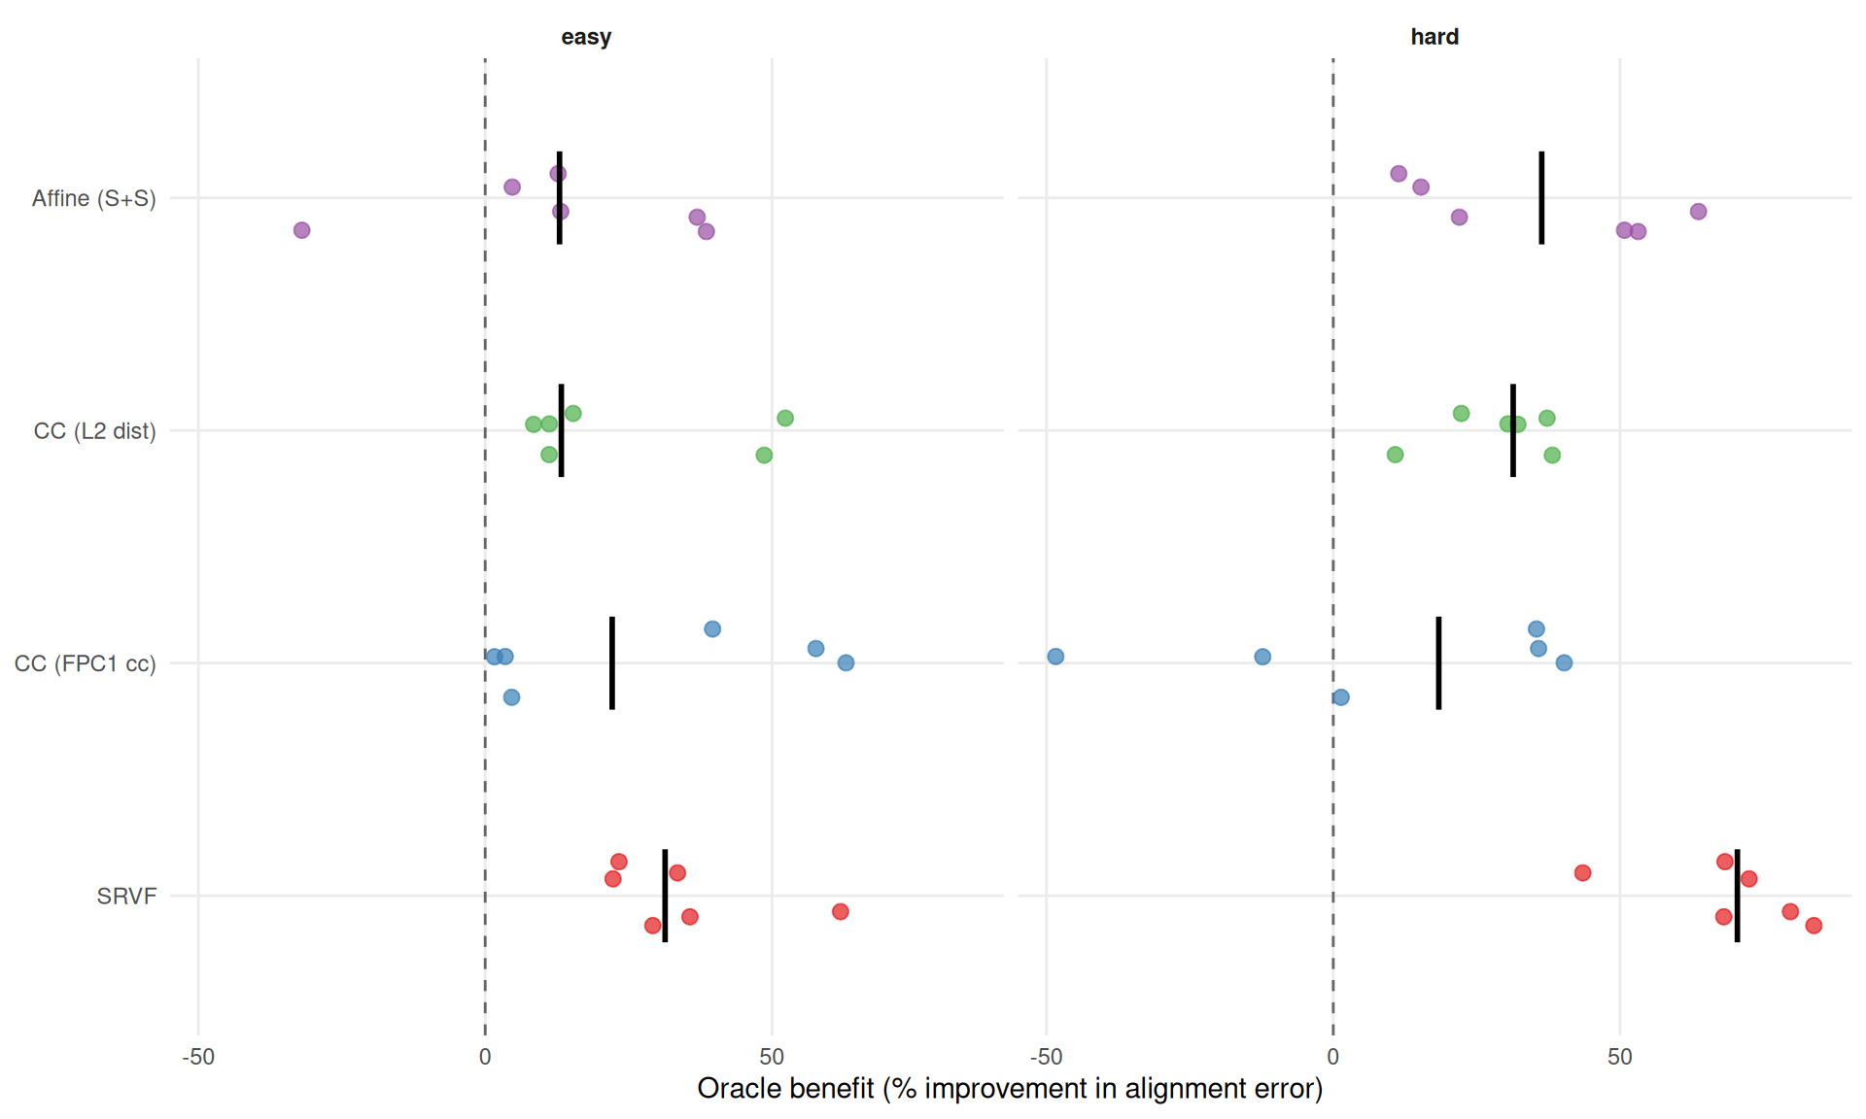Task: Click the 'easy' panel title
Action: [x=585, y=37]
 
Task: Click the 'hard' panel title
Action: [x=1434, y=37]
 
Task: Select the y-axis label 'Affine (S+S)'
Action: [x=93, y=198]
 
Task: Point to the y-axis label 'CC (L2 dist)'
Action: [x=94, y=430]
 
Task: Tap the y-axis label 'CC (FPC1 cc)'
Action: [x=85, y=663]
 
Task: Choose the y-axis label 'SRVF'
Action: [x=126, y=896]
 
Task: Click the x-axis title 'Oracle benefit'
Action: [x=1009, y=1089]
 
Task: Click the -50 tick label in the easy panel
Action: [x=198, y=1057]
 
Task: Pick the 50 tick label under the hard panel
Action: [x=1619, y=1057]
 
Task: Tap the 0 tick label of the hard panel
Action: [x=1332, y=1057]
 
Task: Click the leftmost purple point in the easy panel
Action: [x=301, y=230]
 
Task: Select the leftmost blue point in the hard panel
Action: [x=1055, y=657]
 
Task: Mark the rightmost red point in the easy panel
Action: [x=841, y=911]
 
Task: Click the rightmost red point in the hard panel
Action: [x=1814, y=926]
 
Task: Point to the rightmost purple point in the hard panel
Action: [x=1698, y=212]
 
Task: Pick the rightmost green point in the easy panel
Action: [x=785, y=418]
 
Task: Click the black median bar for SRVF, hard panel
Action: [x=1737, y=896]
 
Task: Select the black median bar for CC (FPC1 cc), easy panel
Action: [x=612, y=663]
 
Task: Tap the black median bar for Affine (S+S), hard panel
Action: [x=1541, y=198]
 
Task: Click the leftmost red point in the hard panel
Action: [x=1582, y=873]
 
